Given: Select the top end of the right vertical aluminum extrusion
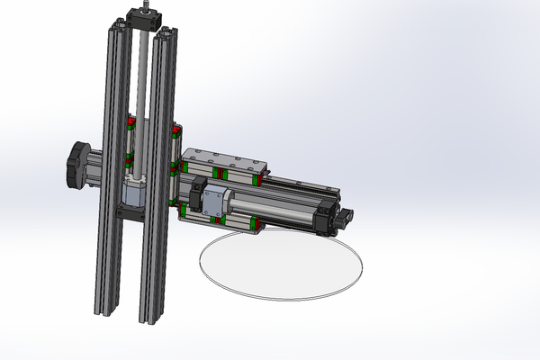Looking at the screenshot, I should point(165,35).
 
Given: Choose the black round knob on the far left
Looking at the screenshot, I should point(73,165).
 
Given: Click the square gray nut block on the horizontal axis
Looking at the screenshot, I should point(215,202).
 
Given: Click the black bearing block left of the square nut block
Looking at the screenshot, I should point(198,193).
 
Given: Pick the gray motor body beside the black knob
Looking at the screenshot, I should point(95,166).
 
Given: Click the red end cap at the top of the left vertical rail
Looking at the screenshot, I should point(131,120).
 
